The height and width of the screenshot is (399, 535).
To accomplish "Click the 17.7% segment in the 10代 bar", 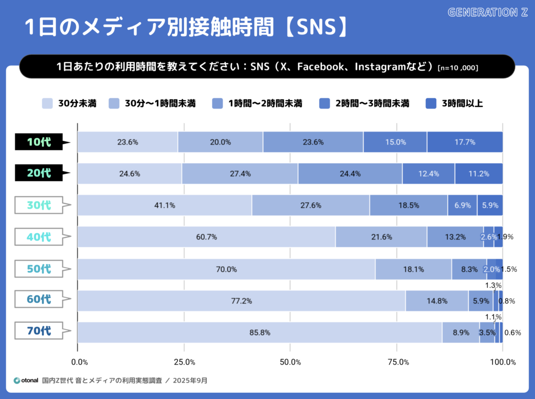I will pyautogui.click(x=464, y=142).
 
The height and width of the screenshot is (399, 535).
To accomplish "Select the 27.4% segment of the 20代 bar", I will pyautogui.click(x=240, y=174).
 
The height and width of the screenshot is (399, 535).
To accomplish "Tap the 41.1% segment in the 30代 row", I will pyautogui.click(x=164, y=205).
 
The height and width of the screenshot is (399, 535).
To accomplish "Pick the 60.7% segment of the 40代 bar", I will pyautogui.click(x=206, y=237).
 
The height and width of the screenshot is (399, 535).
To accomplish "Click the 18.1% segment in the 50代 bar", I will pyautogui.click(x=413, y=269).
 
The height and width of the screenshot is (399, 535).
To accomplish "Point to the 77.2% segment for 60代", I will pyautogui.click(x=241, y=300).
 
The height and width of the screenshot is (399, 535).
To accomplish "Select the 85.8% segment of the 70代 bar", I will pyautogui.click(x=260, y=332).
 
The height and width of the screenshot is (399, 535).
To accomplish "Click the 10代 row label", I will pyautogui.click(x=40, y=142).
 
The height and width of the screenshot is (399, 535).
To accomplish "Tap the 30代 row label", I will pyautogui.click(x=40, y=205).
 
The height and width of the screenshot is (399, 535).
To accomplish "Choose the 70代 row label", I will pyautogui.click(x=40, y=331).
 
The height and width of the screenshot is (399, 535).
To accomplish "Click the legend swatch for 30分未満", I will pyautogui.click(x=48, y=103).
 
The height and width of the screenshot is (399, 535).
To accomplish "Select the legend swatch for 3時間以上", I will pyautogui.click(x=432, y=103).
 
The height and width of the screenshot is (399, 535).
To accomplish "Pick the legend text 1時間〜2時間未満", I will pyautogui.click(x=265, y=103).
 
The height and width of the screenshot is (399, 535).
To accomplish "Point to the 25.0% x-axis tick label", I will pyautogui.click(x=184, y=362).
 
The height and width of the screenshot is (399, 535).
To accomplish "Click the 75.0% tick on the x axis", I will pyautogui.click(x=397, y=362).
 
